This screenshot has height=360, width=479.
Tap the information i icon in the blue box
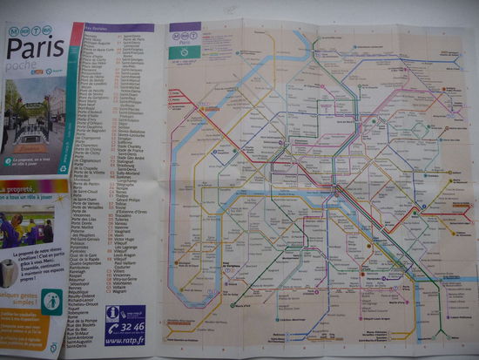(111, 312)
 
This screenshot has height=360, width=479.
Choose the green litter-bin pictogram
(52, 302)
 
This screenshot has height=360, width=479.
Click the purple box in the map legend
(185, 28)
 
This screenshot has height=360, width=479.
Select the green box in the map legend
(185, 51)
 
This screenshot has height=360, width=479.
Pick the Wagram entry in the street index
(121, 292)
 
